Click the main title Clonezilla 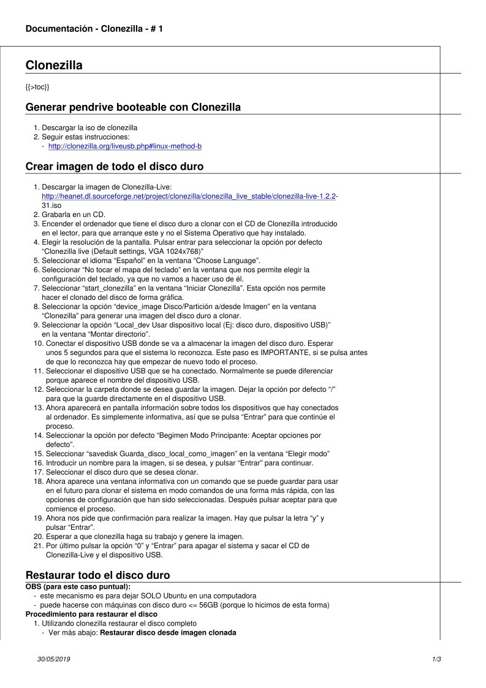click(x=54, y=66)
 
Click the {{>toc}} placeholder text click(x=37, y=87)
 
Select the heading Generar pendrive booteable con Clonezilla click(x=133, y=107)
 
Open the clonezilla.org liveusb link click(x=125, y=146)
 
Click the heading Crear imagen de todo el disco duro click(x=115, y=166)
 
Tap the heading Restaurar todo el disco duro click(x=97, y=575)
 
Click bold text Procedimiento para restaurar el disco click(x=91, y=614)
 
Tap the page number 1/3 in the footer click(x=436, y=659)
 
